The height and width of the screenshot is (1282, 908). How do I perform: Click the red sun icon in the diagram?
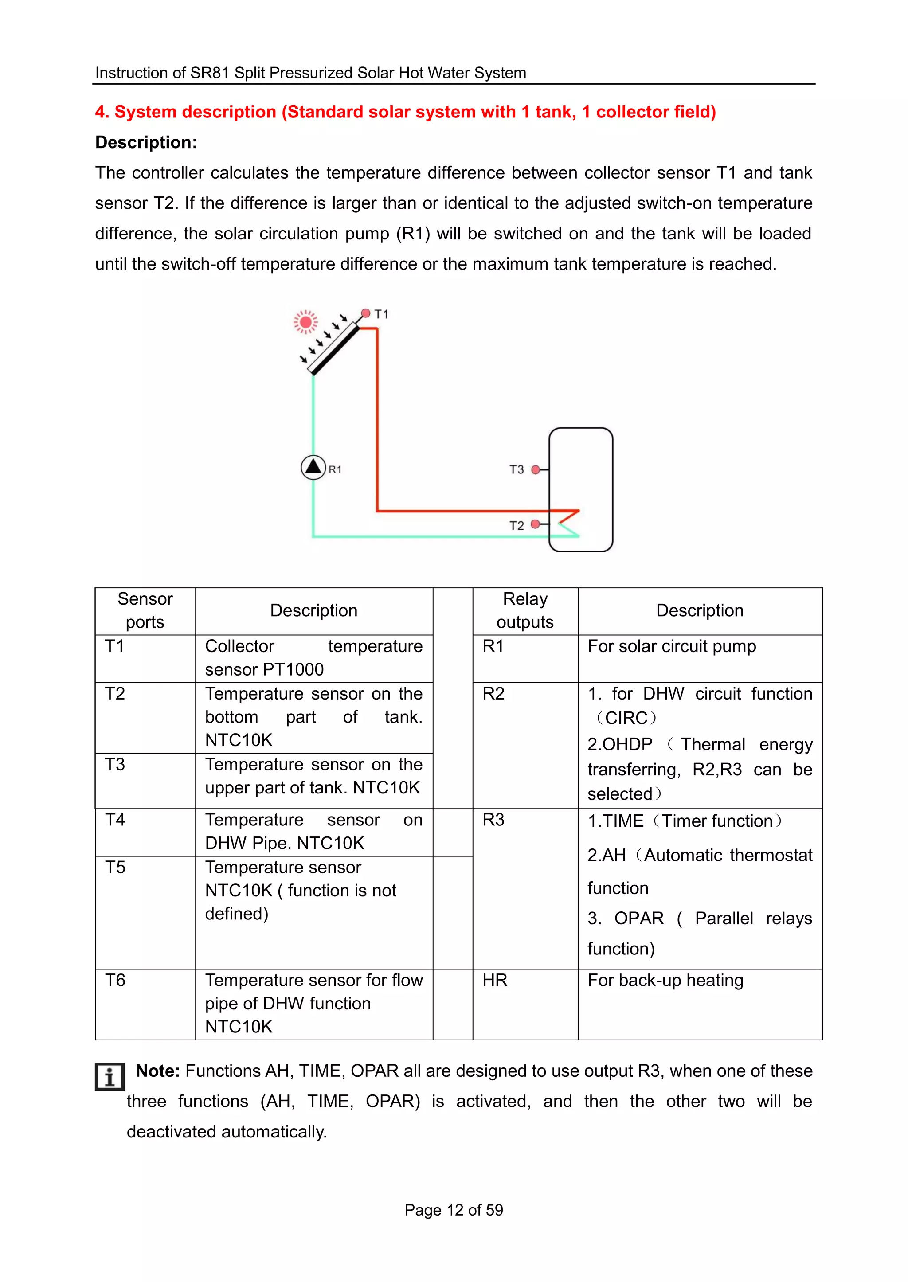[x=306, y=322]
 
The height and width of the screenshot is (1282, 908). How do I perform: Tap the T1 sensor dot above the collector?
[x=366, y=313]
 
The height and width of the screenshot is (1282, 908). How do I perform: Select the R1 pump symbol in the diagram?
[x=313, y=467]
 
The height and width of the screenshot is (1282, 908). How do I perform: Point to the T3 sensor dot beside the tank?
[x=536, y=469]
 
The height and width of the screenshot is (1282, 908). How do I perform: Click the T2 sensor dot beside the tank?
[x=535, y=524]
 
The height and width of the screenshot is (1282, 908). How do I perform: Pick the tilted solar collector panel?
[x=334, y=349]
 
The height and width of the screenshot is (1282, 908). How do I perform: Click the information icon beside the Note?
[x=109, y=1076]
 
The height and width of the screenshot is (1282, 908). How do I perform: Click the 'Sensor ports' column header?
[x=145, y=610]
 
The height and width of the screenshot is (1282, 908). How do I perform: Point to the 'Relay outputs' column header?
[x=525, y=610]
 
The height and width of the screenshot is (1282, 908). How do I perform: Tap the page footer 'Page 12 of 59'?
[x=454, y=1210]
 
